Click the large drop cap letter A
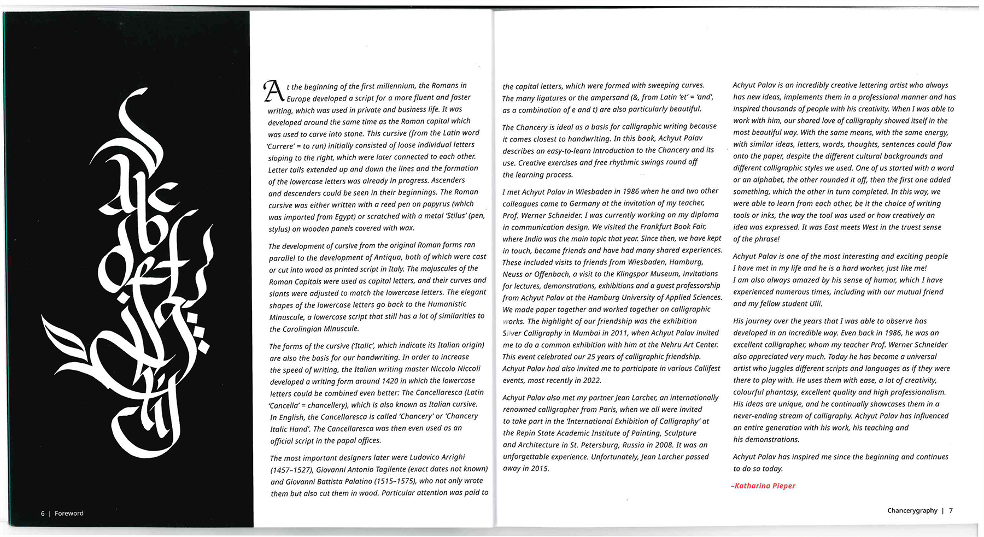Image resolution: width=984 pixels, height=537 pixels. point(273,91)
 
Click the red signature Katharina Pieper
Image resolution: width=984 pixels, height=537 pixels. point(764,486)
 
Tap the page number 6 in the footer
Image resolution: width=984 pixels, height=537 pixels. point(43,514)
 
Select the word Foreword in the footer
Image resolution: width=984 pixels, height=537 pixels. point(69,514)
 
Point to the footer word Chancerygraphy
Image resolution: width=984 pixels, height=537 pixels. point(912,511)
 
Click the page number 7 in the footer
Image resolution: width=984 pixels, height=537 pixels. point(951,511)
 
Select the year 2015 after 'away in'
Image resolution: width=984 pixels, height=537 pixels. point(540,469)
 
